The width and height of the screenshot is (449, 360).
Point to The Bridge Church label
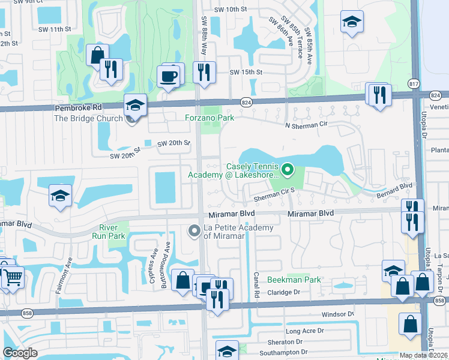[88, 118]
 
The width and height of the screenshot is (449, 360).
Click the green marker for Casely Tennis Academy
[287, 170]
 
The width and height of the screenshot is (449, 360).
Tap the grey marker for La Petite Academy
[194, 230]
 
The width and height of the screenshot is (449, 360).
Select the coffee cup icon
[167, 76]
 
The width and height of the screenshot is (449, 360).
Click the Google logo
[20, 353]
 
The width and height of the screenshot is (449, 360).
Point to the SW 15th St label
[246, 72]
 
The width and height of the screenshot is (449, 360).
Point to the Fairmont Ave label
[62, 275]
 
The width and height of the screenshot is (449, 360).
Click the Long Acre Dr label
[304, 331]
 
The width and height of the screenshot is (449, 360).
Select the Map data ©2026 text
[424, 355]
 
